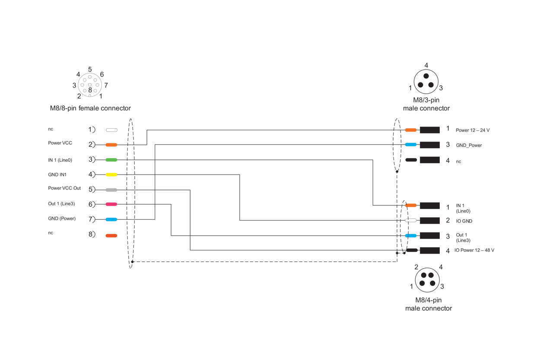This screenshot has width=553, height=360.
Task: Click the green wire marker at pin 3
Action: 111,160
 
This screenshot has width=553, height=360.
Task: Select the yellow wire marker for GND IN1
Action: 111,174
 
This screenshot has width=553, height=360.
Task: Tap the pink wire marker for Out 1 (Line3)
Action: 111,204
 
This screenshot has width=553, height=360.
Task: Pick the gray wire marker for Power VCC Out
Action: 111,190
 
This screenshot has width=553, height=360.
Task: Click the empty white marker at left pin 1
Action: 111,130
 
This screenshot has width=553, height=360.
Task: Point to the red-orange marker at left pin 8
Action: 111,236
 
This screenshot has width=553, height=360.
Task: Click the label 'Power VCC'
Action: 60,143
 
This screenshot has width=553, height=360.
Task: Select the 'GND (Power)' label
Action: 62,218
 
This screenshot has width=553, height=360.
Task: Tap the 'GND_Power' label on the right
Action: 469,145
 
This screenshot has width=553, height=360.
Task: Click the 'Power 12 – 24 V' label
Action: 473,130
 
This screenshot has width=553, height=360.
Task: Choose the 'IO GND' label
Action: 464,221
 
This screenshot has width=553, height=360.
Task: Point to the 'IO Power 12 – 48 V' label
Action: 474,250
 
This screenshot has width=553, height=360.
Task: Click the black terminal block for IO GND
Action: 430,221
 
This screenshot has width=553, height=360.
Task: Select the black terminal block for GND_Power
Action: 430,145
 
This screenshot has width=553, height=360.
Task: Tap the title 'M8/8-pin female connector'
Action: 90,108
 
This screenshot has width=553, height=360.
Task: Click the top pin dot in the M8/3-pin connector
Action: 426,76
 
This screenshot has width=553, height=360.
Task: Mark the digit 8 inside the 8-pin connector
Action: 90,90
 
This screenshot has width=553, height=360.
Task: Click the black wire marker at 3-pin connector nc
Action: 411,160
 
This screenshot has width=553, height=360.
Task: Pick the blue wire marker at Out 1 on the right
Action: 411,236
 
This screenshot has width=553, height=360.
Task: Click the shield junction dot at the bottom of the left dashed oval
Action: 132,262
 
